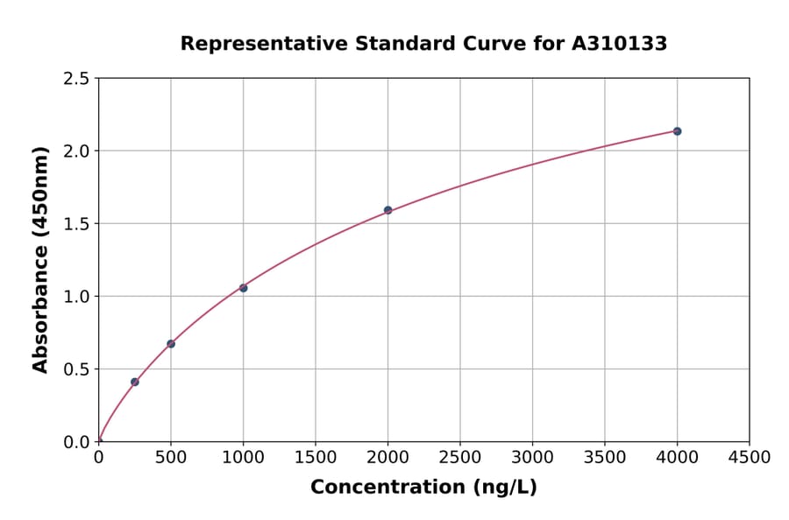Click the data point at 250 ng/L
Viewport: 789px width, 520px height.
point(134,382)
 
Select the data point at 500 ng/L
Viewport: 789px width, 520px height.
point(171,344)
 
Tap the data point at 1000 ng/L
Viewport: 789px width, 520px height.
point(243,288)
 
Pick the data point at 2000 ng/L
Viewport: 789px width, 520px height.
point(387,210)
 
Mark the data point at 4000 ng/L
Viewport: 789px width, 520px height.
point(677,131)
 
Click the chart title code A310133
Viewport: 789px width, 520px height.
point(620,44)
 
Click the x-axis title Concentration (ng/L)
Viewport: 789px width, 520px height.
point(423,488)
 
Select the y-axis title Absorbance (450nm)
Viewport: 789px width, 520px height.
point(40,260)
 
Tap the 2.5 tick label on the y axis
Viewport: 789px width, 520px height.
point(77,79)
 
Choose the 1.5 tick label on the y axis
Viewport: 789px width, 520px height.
point(77,224)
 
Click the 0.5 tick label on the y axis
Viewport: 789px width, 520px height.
point(77,369)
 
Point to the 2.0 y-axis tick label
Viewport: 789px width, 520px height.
point(77,151)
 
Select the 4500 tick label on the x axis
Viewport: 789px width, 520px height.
point(750,457)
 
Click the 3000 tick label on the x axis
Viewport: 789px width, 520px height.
point(532,457)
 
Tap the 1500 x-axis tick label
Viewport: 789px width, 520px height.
point(316,457)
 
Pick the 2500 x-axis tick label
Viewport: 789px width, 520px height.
point(460,457)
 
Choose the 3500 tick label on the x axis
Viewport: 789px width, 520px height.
point(605,457)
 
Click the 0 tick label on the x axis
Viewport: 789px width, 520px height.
point(98,457)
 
